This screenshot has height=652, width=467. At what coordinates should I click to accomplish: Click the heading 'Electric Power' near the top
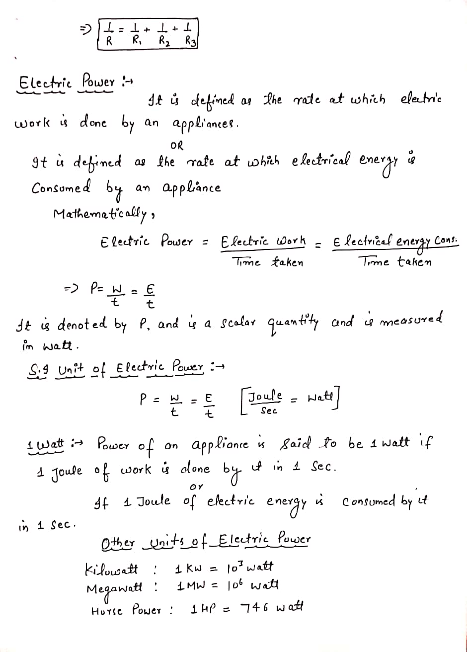coord(67,81)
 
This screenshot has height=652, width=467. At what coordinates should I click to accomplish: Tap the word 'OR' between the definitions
coord(176,146)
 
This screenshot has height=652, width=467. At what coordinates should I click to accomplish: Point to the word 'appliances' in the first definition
coord(206,122)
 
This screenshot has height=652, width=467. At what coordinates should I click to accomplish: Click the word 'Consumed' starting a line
coord(61,189)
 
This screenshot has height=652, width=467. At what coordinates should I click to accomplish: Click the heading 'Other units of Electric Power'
coord(206,539)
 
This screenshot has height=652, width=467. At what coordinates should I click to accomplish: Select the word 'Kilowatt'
coord(112,569)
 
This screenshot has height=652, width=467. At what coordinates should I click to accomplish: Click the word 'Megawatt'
coord(114,588)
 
